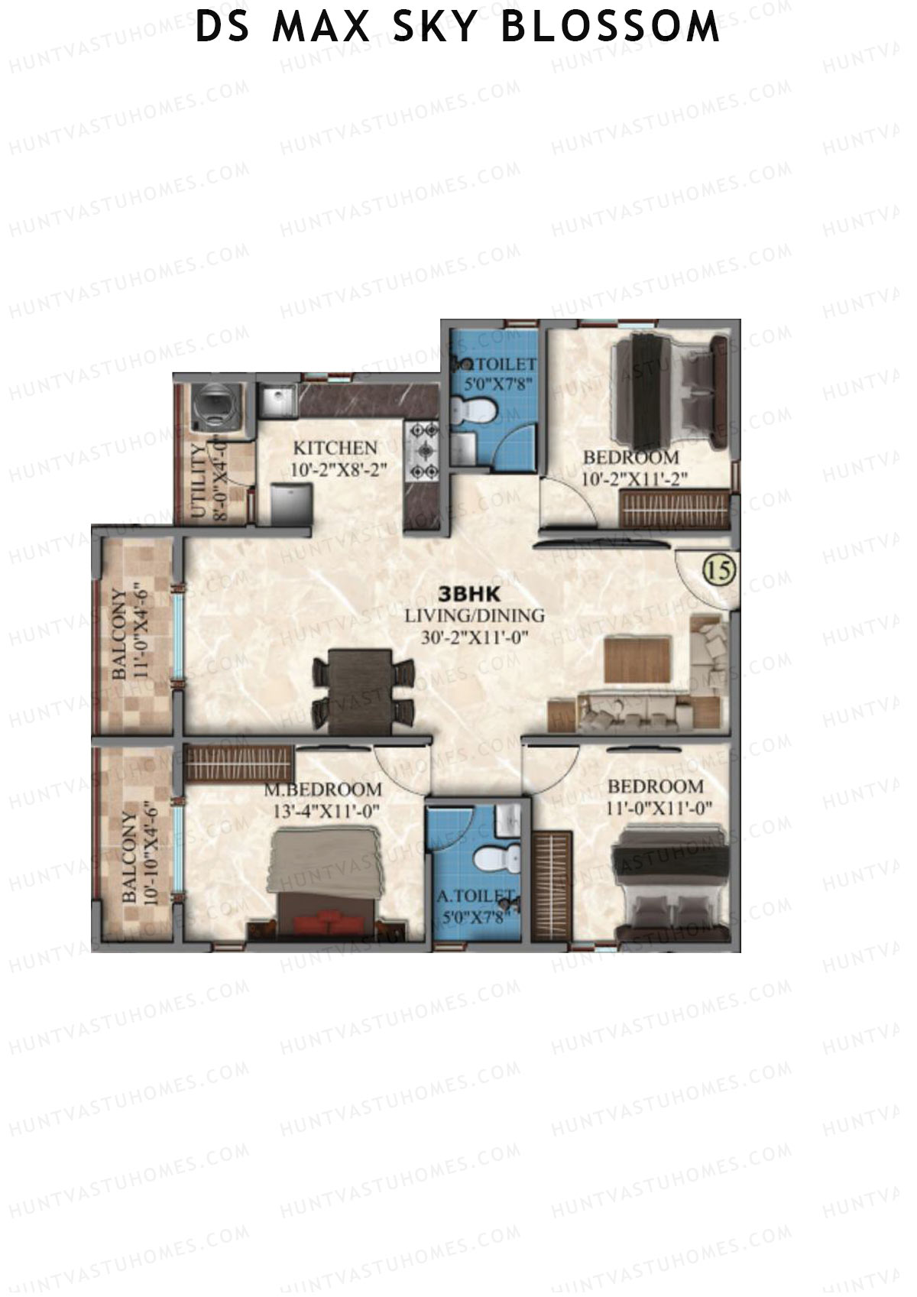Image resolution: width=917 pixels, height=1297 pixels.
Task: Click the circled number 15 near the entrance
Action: [x=718, y=570]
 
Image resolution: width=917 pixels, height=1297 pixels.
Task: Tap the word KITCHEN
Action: [x=335, y=448]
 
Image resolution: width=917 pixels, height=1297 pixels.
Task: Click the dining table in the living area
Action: [x=364, y=686]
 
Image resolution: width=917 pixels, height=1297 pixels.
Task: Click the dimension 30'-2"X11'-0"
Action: [x=475, y=637]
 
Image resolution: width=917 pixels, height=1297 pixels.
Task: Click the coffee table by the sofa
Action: [x=637, y=659]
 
